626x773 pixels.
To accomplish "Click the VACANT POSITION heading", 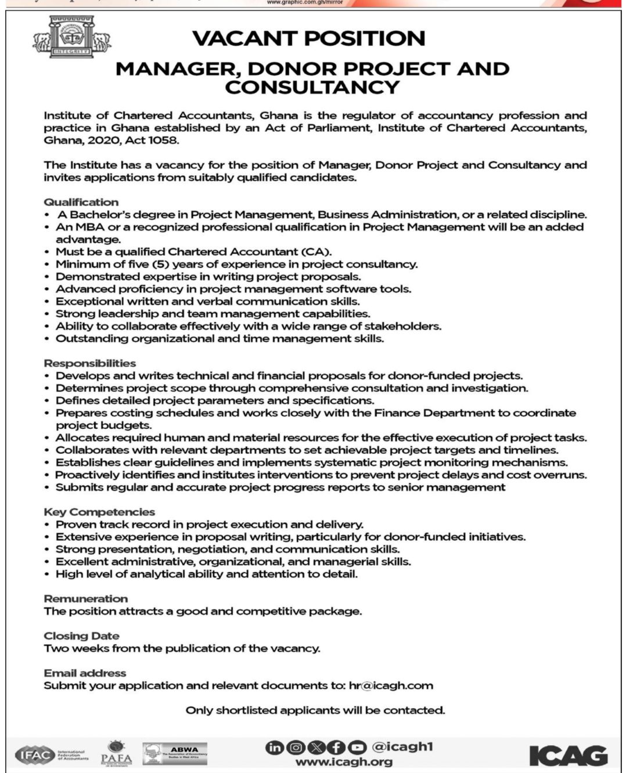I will (308, 39).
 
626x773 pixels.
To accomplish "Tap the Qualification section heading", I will (81, 202).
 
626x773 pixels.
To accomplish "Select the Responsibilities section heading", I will (90, 363).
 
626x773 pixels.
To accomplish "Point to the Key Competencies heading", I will (99, 512).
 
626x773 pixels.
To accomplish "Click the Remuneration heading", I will (86, 598).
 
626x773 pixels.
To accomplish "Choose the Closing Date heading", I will (81, 635).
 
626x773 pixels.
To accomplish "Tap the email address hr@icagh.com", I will (391, 685).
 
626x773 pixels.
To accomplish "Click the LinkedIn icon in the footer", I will (275, 747).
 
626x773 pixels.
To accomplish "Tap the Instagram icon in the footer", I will (296, 747).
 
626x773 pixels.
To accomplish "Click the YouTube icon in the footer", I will (358, 747).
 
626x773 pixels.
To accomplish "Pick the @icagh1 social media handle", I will (402, 747).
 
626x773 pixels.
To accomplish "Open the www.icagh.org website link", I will (344, 761).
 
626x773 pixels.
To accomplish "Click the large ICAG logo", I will (568, 755).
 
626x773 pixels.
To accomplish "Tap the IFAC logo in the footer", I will (52, 755).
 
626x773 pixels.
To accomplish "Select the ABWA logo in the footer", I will (175, 754).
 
